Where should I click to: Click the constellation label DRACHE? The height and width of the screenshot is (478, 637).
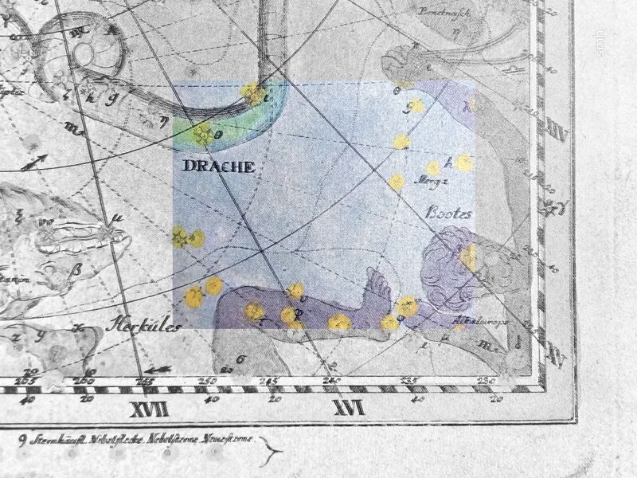217,167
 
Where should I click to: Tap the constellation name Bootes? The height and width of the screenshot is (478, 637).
451,213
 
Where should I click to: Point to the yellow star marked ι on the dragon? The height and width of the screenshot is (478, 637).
255,95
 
